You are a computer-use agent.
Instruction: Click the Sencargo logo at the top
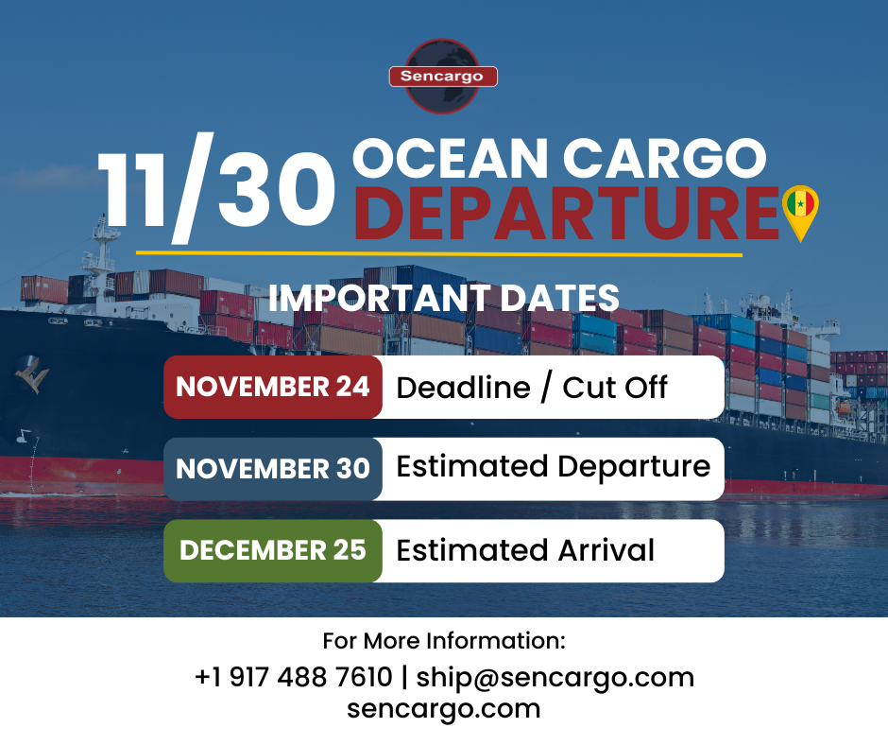[443, 77]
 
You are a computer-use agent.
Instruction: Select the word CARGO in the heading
[665, 158]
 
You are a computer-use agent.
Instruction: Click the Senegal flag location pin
[801, 210]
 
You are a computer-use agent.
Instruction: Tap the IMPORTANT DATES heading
[444, 298]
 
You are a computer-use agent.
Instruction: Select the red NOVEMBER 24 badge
[273, 387]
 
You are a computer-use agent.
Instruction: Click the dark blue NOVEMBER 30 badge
[273, 469]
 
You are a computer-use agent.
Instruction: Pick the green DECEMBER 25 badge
[273, 550]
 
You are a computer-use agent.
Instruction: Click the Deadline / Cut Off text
[532, 387]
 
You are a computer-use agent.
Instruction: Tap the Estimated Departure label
[553, 467]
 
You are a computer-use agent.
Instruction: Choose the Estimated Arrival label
[525, 550]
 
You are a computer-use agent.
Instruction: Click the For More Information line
[444, 641]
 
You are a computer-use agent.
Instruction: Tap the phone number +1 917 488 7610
[293, 677]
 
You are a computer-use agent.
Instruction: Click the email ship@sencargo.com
[555, 677]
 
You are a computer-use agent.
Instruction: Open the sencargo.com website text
[444, 708]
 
